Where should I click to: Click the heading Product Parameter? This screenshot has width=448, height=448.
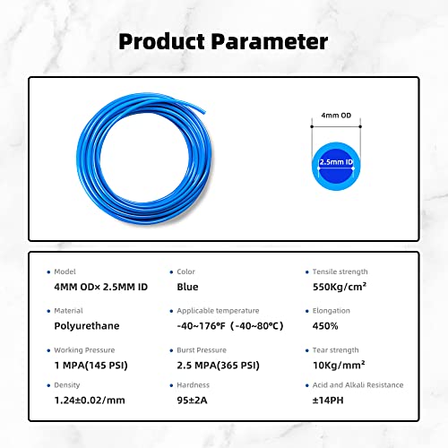coord(223,41)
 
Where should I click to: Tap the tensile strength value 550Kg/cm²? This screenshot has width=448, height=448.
coord(338,288)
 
